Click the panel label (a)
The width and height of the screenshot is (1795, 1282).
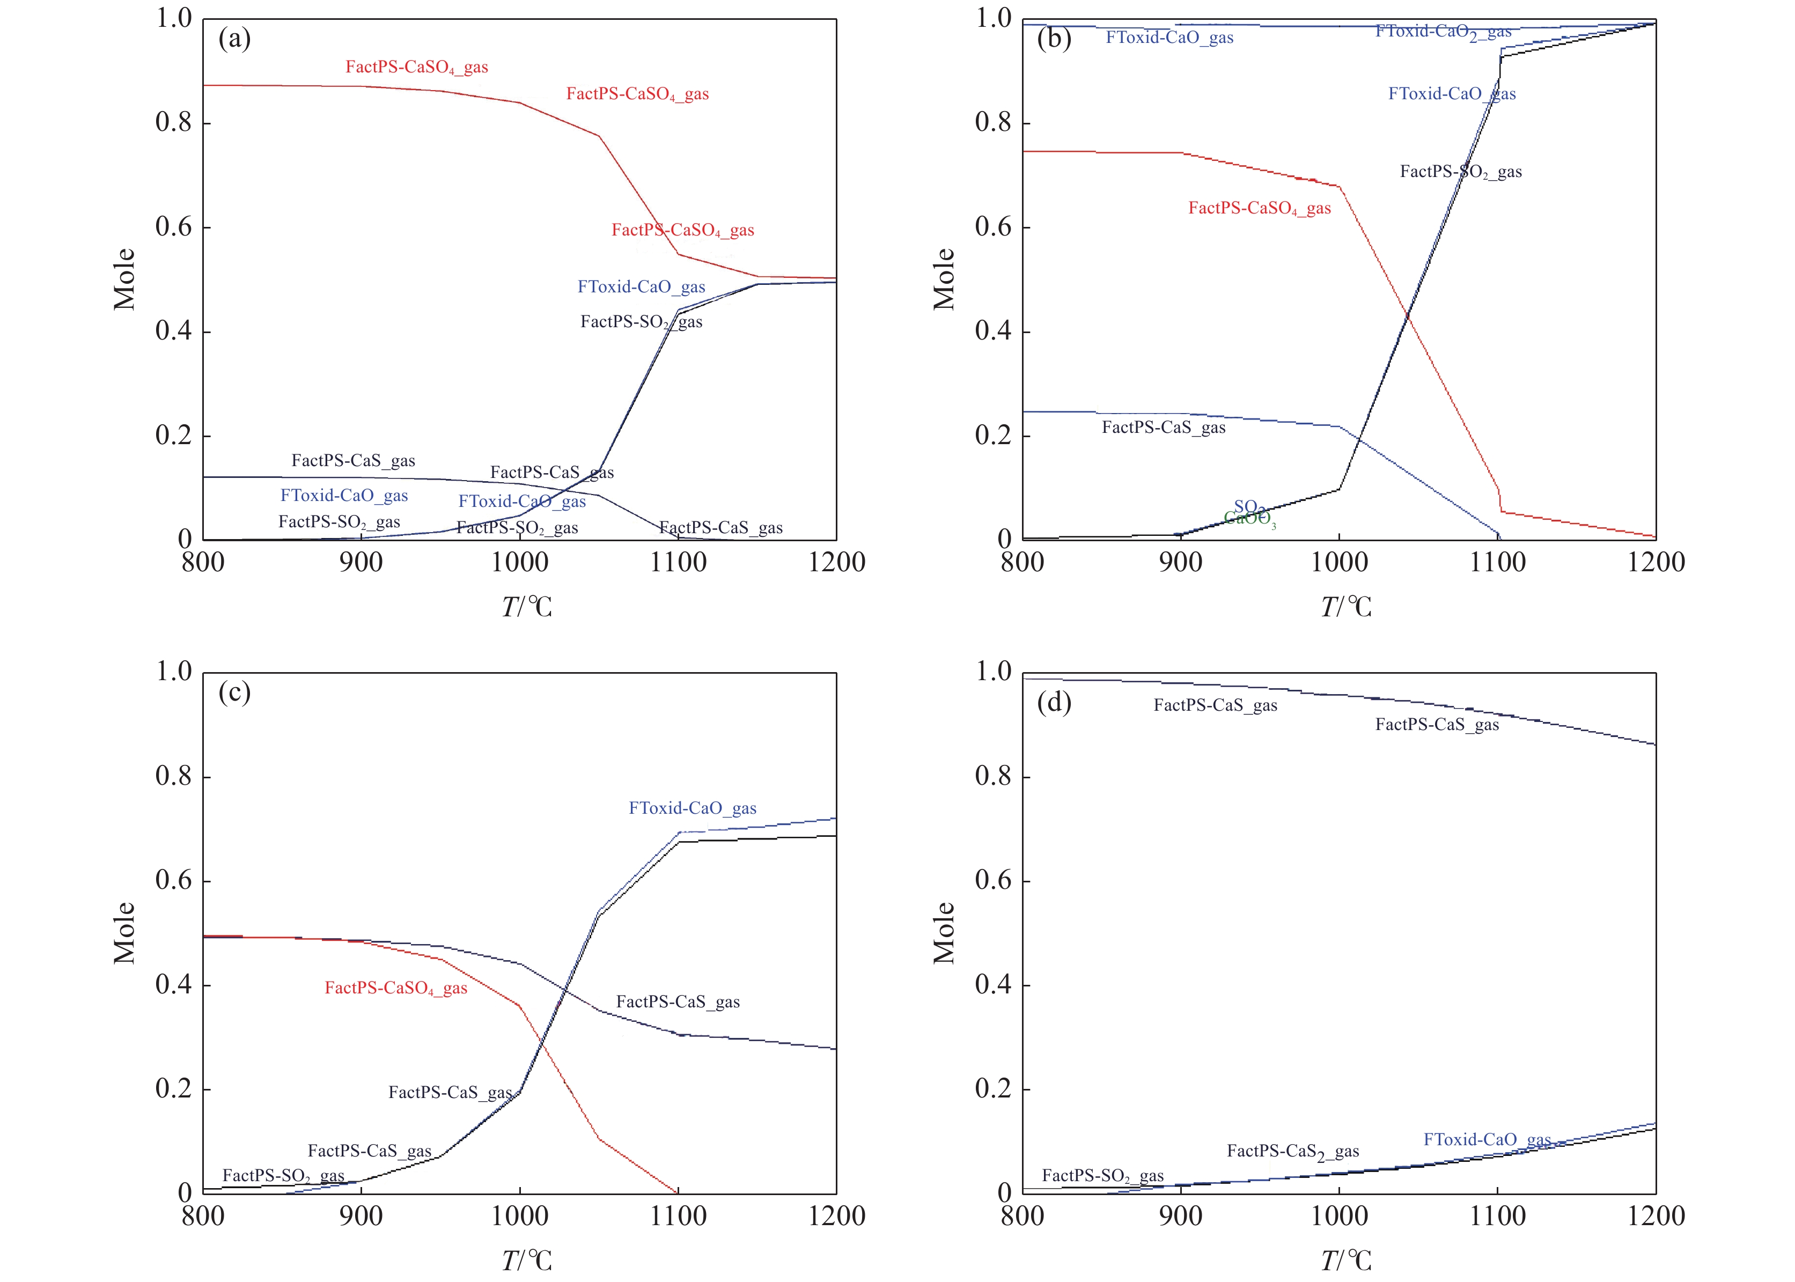pos(234,38)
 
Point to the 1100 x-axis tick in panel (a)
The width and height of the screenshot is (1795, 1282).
pos(678,562)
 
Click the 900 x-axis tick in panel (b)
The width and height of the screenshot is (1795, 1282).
pos(1181,562)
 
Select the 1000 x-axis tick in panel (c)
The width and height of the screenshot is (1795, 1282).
pos(519,1215)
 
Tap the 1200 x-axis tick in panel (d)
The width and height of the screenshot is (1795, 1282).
pos(1656,1215)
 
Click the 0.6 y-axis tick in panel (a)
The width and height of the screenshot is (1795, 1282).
pos(174,227)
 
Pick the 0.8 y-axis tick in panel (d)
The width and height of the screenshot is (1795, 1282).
pos(993,777)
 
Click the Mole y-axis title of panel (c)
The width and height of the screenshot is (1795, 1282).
pos(124,932)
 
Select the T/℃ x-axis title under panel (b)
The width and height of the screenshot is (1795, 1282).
pos(1346,606)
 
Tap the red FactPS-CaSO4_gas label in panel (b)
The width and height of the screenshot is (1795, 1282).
pos(1260,209)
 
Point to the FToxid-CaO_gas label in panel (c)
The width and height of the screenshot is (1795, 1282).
pos(692,808)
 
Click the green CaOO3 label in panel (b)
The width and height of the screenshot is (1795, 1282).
pos(1249,519)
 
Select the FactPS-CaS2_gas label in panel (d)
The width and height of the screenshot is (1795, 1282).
pos(1293,1152)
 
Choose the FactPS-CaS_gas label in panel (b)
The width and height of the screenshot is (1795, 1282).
pos(1164,428)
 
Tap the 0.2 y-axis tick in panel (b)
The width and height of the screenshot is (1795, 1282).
pos(993,436)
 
